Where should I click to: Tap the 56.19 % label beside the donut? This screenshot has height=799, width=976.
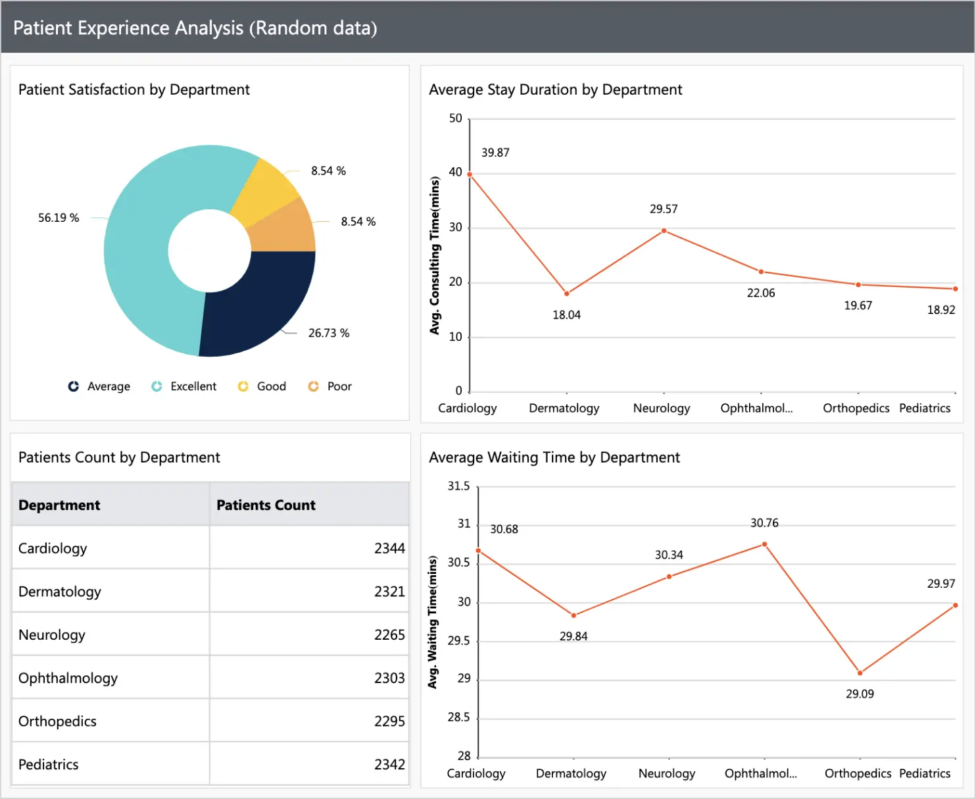pos(59,218)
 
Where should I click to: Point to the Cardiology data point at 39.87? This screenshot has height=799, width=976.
pos(470,174)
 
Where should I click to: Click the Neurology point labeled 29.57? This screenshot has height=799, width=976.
pos(664,231)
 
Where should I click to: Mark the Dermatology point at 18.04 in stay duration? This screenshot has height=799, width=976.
pos(567,294)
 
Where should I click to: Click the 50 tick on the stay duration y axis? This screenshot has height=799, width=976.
pos(455,118)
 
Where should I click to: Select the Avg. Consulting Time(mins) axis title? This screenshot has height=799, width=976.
pos(434,255)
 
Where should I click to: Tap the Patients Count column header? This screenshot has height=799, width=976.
pos(266,505)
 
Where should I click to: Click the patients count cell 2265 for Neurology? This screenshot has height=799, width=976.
pos(389,634)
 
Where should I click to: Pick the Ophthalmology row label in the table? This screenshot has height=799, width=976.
pos(68,678)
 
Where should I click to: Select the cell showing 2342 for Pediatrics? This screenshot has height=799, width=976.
pos(389,764)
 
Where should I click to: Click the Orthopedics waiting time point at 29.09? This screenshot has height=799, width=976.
pos(860,673)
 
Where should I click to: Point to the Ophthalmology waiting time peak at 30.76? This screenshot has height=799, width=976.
pos(764,544)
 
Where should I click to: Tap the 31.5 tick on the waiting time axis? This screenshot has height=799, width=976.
pos(458,486)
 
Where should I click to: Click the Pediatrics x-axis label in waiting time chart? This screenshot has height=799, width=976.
pos(925,773)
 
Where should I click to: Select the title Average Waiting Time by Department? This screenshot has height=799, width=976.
pos(554,457)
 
